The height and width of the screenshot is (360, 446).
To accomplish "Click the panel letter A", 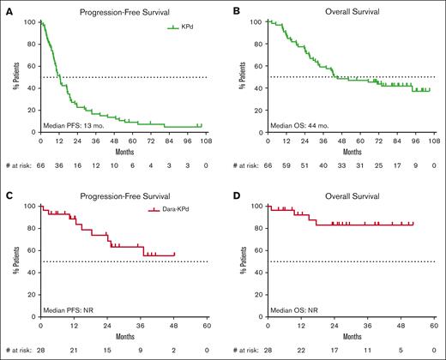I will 6,11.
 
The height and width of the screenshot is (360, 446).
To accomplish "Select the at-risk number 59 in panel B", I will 288,162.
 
